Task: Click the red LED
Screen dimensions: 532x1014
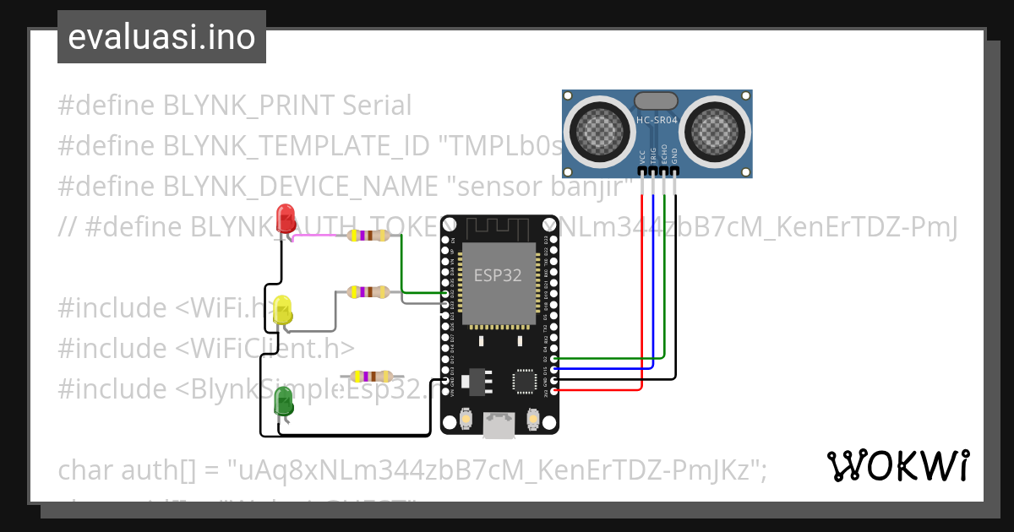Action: point(286,217)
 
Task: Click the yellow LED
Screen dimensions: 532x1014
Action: point(283,309)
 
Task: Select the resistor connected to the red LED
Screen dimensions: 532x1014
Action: point(368,236)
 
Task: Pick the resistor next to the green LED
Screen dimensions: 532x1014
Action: point(371,376)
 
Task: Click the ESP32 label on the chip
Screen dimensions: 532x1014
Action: point(497,275)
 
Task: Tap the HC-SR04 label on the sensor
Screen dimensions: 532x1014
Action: point(657,121)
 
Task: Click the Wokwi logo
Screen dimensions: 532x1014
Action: point(897,465)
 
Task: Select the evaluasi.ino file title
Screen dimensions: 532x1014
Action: point(161,37)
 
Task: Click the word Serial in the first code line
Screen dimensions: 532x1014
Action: point(377,106)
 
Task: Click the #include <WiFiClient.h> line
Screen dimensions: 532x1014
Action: point(205,348)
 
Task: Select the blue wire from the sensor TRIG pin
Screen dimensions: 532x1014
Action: point(653,279)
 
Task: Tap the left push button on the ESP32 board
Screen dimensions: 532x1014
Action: point(466,418)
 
